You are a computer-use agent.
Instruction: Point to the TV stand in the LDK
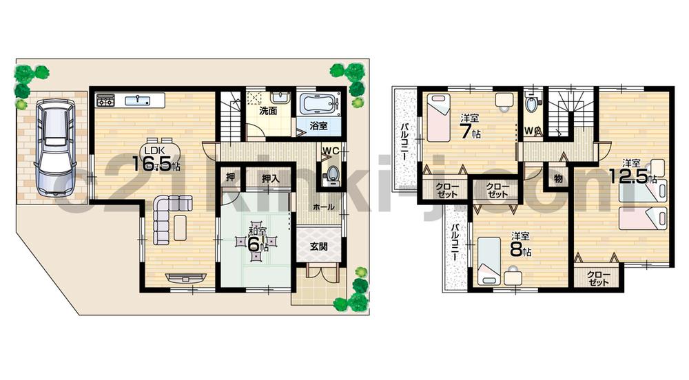185,277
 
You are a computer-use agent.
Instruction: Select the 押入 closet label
270,178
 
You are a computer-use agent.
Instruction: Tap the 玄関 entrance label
318,247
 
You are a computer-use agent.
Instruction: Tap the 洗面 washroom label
269,110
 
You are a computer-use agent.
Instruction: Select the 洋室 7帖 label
471,125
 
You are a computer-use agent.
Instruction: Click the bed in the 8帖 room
488,258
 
